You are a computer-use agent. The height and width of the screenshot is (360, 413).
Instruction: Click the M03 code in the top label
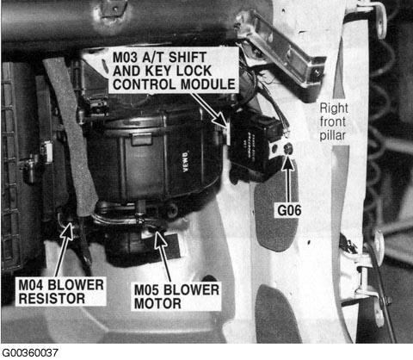point(125,58)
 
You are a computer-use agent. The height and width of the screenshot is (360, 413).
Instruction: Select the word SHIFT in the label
point(188,58)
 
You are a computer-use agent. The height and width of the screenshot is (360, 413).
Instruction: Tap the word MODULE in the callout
point(208,84)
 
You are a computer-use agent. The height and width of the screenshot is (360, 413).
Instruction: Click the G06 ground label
point(289,210)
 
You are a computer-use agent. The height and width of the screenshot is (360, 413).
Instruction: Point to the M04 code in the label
point(31,285)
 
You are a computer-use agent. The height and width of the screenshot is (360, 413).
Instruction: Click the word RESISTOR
point(52,298)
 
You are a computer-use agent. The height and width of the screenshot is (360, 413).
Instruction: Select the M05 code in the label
point(146,290)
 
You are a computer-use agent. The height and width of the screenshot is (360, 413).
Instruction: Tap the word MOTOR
point(157,303)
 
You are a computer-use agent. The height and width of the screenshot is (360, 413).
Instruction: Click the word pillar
point(333,135)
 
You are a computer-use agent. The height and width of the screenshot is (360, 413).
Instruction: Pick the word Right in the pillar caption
point(334,109)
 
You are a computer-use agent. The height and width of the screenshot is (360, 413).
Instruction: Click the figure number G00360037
point(29,353)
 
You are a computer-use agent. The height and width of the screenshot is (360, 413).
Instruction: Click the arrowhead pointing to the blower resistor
point(67,231)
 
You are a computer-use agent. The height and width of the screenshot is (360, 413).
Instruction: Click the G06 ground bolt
point(287,148)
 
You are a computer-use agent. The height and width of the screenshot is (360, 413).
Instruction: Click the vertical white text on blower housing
point(186,162)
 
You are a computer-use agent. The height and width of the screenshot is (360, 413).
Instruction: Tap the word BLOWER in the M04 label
point(76,285)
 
